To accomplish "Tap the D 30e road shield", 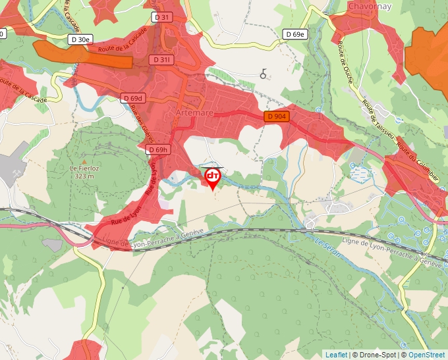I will click(x=80, y=39).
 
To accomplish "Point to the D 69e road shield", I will click(x=296, y=34).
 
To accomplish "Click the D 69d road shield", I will click(x=132, y=98).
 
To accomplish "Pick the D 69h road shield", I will click(x=159, y=150).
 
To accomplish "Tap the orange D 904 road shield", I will click(x=277, y=116).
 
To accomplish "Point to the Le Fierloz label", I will click(x=84, y=168).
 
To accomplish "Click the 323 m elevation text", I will click(x=84, y=176).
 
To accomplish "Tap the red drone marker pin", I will click(x=213, y=178).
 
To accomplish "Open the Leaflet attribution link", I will click(x=336, y=355).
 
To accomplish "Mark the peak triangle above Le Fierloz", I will click(x=84, y=160).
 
